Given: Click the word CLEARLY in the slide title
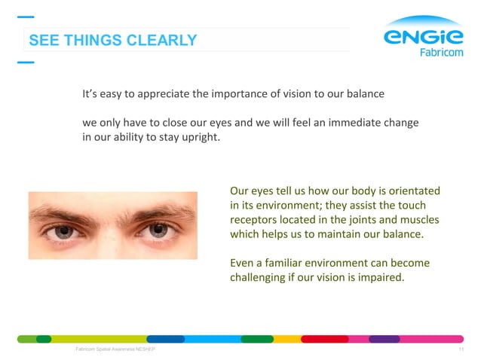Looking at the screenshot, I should pyautogui.click(x=162, y=40).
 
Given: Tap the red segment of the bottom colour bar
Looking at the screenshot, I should pyautogui.click(x=324, y=339).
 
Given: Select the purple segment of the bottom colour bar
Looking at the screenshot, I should pyautogui.click(x=384, y=339).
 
